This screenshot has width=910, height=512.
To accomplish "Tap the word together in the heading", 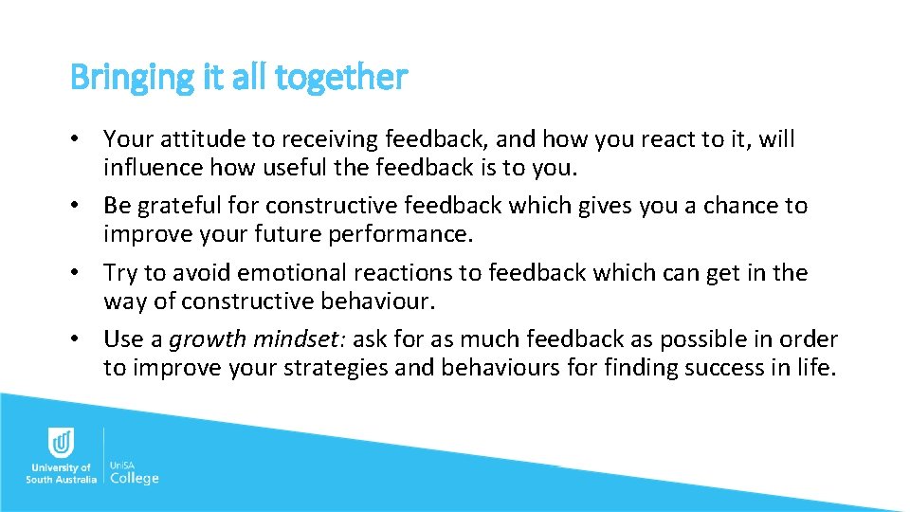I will pos(341,78).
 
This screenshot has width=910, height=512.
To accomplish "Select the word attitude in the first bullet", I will pos(202,140).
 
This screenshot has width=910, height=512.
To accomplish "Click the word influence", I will pos(150,169).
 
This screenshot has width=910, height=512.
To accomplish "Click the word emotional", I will pos(292,273).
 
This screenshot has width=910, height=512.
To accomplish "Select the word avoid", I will pos(201,273).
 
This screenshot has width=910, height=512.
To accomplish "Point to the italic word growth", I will pos(209,339).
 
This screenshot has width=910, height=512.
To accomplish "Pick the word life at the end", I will pos(818,368).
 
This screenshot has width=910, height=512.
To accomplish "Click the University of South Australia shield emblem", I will pos(61,444).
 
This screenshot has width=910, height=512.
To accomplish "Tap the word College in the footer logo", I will pos(135,478).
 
